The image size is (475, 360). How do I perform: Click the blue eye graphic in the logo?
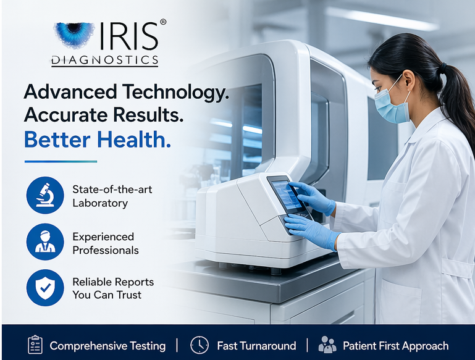pyautogui.click(x=74, y=35)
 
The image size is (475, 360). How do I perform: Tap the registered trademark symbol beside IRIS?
pyautogui.click(x=163, y=22)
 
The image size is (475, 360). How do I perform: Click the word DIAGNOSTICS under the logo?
pyautogui.click(x=104, y=61)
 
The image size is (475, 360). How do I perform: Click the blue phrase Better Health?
pyautogui.click(x=97, y=140)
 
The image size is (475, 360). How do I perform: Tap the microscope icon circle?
pyautogui.click(x=45, y=195)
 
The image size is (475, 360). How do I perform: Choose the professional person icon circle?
pyautogui.click(x=45, y=241)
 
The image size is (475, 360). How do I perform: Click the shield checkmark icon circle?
pyautogui.click(x=45, y=288)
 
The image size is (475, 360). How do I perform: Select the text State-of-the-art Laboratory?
pyautogui.click(x=112, y=196)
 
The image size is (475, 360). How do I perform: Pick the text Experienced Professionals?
pyautogui.click(x=105, y=243)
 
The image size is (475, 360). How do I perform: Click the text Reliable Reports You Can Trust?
pyautogui.click(x=112, y=288)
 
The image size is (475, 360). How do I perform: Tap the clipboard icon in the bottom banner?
pyautogui.click(x=35, y=345)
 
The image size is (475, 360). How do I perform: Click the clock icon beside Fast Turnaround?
pyautogui.click(x=199, y=345)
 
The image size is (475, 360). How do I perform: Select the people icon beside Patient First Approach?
pyautogui.click(x=327, y=345)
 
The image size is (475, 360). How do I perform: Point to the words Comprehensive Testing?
pyautogui.click(x=107, y=346)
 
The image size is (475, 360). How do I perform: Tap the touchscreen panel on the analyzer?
pyautogui.click(x=285, y=195)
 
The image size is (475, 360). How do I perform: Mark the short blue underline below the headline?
pyautogui.click(x=61, y=161)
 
